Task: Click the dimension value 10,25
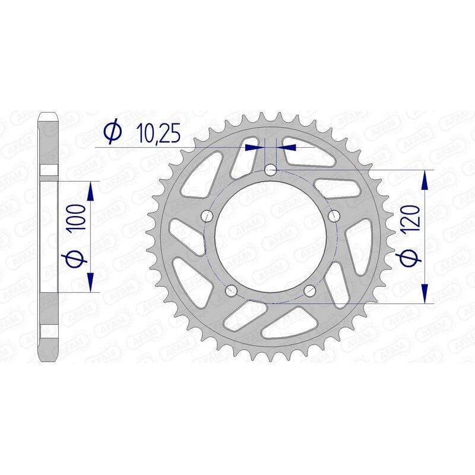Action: (x=153, y=133)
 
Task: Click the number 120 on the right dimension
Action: (x=413, y=219)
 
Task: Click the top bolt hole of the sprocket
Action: (x=271, y=170)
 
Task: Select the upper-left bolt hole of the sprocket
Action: (x=207, y=215)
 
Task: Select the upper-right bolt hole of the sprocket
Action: (x=334, y=215)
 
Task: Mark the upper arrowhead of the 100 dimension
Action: (x=91, y=191)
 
